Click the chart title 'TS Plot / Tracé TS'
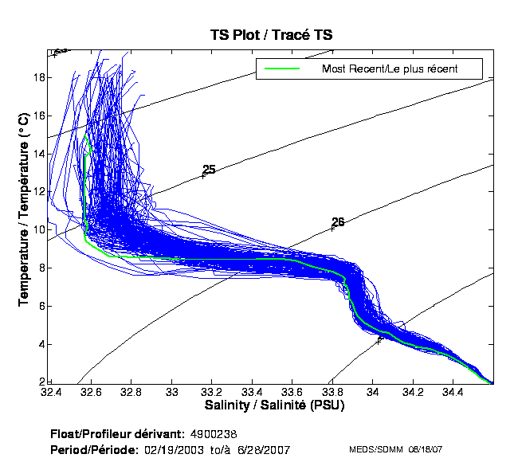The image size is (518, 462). (271, 35)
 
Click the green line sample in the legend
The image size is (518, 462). (281, 69)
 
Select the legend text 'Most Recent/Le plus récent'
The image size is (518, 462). (390, 69)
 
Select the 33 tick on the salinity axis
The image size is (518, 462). (172, 392)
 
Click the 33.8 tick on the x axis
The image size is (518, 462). (332, 392)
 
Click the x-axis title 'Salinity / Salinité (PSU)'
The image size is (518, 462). (271, 406)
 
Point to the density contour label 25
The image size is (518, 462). (209, 170)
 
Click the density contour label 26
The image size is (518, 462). (338, 222)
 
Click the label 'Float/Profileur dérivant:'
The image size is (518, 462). (117, 434)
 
